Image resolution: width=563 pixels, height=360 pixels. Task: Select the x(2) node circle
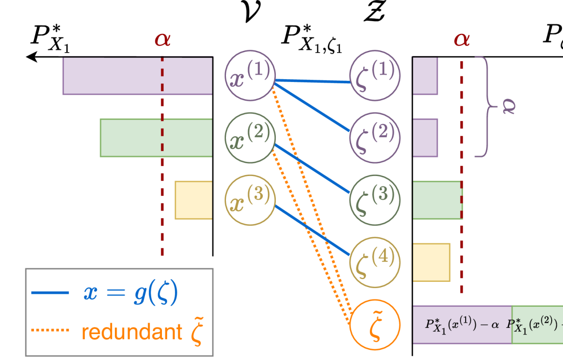coord(250,138)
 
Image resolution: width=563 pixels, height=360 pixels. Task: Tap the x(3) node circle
coord(250,200)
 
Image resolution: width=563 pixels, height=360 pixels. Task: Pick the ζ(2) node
coord(375,138)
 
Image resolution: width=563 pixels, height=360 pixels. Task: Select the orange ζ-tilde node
coord(375,324)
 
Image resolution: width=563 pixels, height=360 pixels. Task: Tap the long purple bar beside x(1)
coord(137,76)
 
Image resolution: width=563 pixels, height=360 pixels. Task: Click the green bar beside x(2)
coord(156,138)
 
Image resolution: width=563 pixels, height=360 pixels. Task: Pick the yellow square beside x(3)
coord(193,200)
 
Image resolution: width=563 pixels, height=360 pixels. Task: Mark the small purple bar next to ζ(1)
coord(426,76)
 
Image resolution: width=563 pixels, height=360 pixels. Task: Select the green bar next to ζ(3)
coord(437,200)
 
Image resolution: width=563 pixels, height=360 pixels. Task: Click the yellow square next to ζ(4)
coord(431,262)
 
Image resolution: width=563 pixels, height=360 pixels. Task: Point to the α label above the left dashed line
coord(162,40)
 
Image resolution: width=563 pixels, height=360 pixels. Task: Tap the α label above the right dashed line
coord(462,40)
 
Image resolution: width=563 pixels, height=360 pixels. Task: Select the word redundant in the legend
coord(131,332)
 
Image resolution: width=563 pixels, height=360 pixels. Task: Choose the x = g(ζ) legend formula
coord(130,293)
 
